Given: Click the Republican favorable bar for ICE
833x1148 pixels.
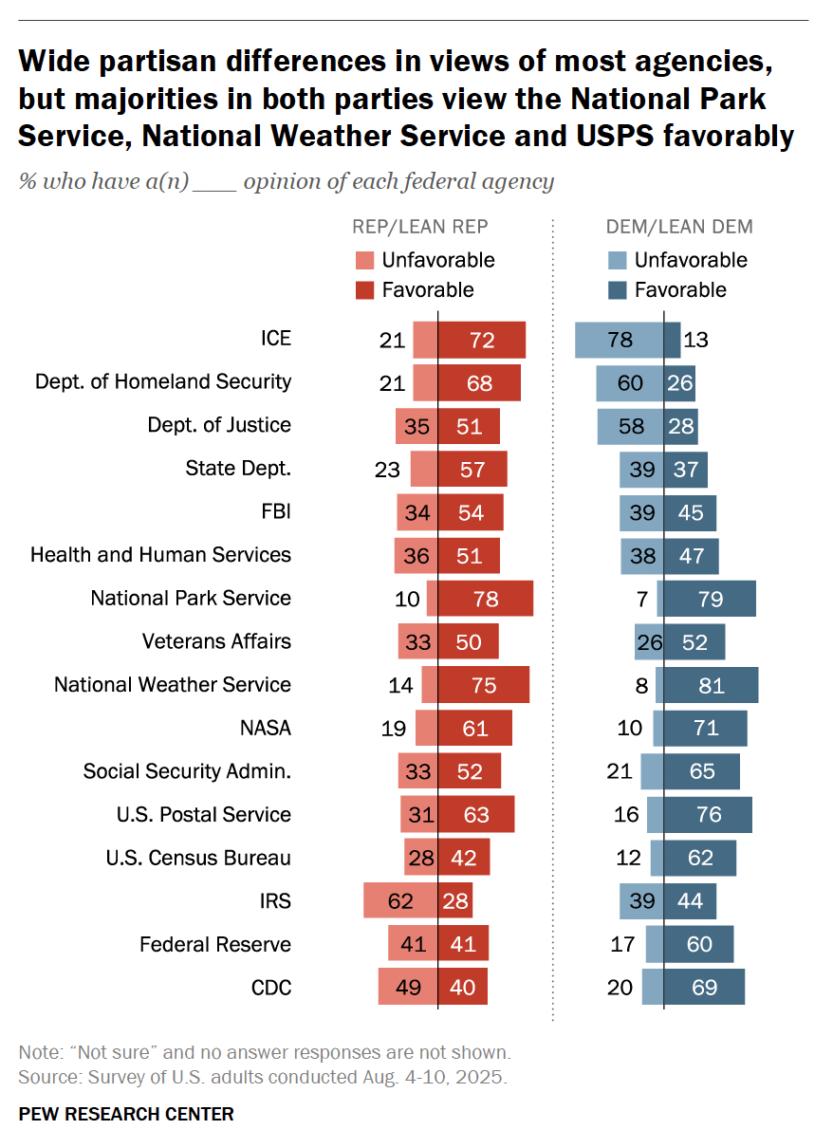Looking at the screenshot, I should [x=481, y=340].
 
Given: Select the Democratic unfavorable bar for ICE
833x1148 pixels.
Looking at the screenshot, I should [x=619, y=340].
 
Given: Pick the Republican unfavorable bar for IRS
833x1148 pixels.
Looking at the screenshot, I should [x=399, y=900].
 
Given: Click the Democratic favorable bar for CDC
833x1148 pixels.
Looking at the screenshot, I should [x=704, y=987].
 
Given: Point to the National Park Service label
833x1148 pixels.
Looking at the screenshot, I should [x=191, y=599].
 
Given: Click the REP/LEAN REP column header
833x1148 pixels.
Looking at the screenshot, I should [x=420, y=227].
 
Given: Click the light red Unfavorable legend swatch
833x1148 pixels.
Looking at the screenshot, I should [x=364, y=261].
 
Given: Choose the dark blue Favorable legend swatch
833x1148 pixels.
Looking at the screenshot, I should [x=617, y=290].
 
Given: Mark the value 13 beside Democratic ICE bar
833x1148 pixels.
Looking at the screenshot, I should [x=696, y=340].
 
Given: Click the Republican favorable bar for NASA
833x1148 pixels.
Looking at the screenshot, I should [x=474, y=729].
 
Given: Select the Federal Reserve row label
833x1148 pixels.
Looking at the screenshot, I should [x=215, y=944].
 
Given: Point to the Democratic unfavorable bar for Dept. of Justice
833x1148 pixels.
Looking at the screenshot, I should [x=630, y=426].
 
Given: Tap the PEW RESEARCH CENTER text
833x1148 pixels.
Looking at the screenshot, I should [x=126, y=1114].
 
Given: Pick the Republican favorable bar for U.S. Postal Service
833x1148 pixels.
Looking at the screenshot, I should [x=475, y=815].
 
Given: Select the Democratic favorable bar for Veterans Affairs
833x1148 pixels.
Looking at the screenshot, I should [x=694, y=642].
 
